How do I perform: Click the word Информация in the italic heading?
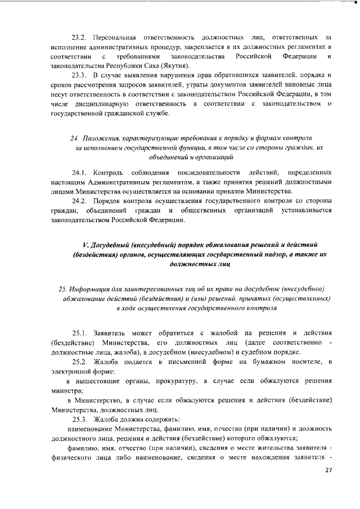[95, 289]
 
